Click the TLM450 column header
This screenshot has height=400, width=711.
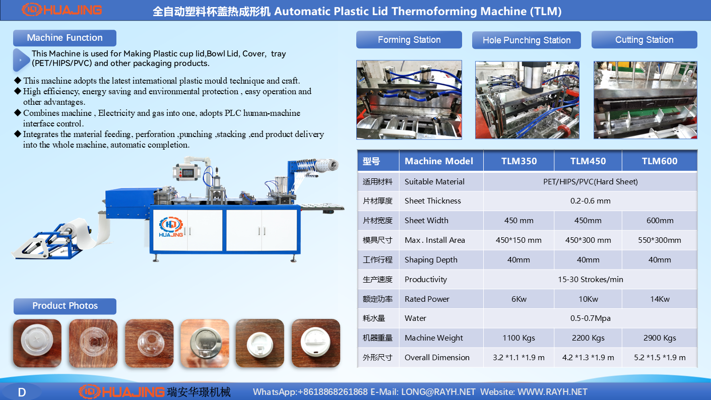[588, 161]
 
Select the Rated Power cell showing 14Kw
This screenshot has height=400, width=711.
[660, 299]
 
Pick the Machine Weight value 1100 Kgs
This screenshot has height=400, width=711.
[519, 338]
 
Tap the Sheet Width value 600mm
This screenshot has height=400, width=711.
[660, 220]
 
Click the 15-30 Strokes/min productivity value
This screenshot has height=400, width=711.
[591, 280]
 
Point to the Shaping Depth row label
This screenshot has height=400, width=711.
[431, 259]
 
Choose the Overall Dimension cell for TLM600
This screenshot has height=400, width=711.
[660, 358]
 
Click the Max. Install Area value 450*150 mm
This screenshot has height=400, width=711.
[519, 240]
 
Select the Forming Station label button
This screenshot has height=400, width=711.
[409, 40]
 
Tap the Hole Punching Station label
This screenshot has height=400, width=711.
[526, 40]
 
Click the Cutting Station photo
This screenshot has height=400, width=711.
[645, 100]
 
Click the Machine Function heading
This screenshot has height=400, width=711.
[65, 38]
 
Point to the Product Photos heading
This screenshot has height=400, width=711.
[65, 306]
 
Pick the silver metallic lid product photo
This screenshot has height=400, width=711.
[205, 343]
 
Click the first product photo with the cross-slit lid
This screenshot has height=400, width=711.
[37, 343]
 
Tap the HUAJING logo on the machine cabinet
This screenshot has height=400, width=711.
[171, 227]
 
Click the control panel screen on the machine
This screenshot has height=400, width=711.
[187, 173]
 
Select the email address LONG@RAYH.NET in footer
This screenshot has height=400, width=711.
[438, 392]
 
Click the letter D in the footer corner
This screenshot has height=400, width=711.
[22, 392]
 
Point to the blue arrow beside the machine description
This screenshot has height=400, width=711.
[21, 59]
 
